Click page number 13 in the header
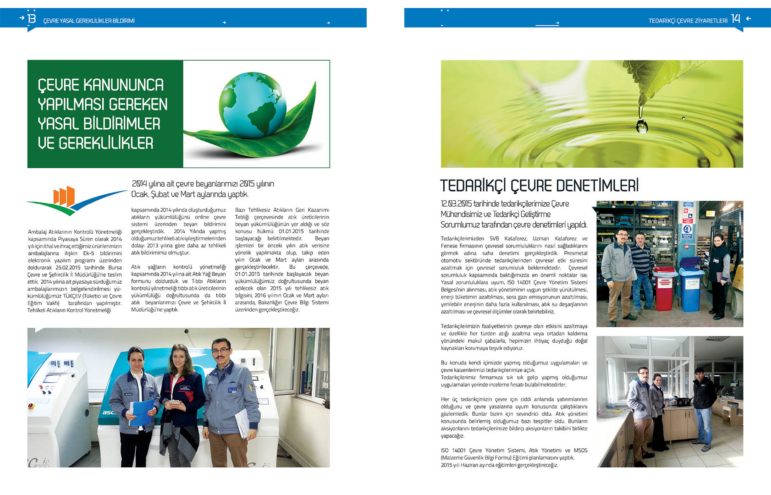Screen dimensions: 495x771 tap(31, 19)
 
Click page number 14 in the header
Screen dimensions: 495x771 tap(735, 19)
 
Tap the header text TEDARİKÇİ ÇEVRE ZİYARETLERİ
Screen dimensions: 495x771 tap(688, 21)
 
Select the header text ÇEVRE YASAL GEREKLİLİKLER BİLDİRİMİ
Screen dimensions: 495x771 tap(88, 21)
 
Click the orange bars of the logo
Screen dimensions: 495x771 tap(64, 196)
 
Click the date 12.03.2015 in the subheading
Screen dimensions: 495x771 tap(456, 204)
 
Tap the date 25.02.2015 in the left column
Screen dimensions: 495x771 tap(68, 268)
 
